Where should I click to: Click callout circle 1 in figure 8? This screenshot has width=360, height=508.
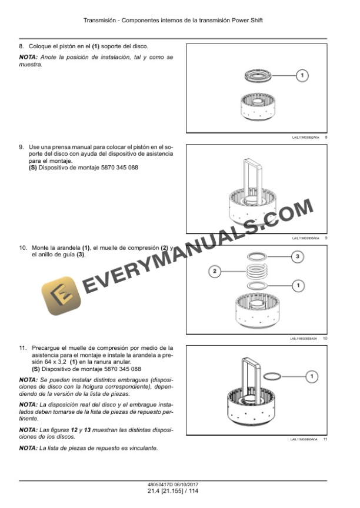(x=301, y=75)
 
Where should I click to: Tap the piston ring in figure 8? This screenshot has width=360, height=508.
(x=259, y=75)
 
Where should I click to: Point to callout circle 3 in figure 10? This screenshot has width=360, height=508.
(x=298, y=256)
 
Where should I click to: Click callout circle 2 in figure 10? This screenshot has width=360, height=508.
(x=215, y=271)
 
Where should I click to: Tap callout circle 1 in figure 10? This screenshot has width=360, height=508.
(x=298, y=285)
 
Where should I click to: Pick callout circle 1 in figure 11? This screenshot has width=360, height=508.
(x=312, y=376)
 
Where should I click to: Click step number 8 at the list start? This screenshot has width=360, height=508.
(x=22, y=46)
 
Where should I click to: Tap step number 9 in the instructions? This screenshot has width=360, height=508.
(x=22, y=146)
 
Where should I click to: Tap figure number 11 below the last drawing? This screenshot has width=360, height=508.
(x=325, y=439)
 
